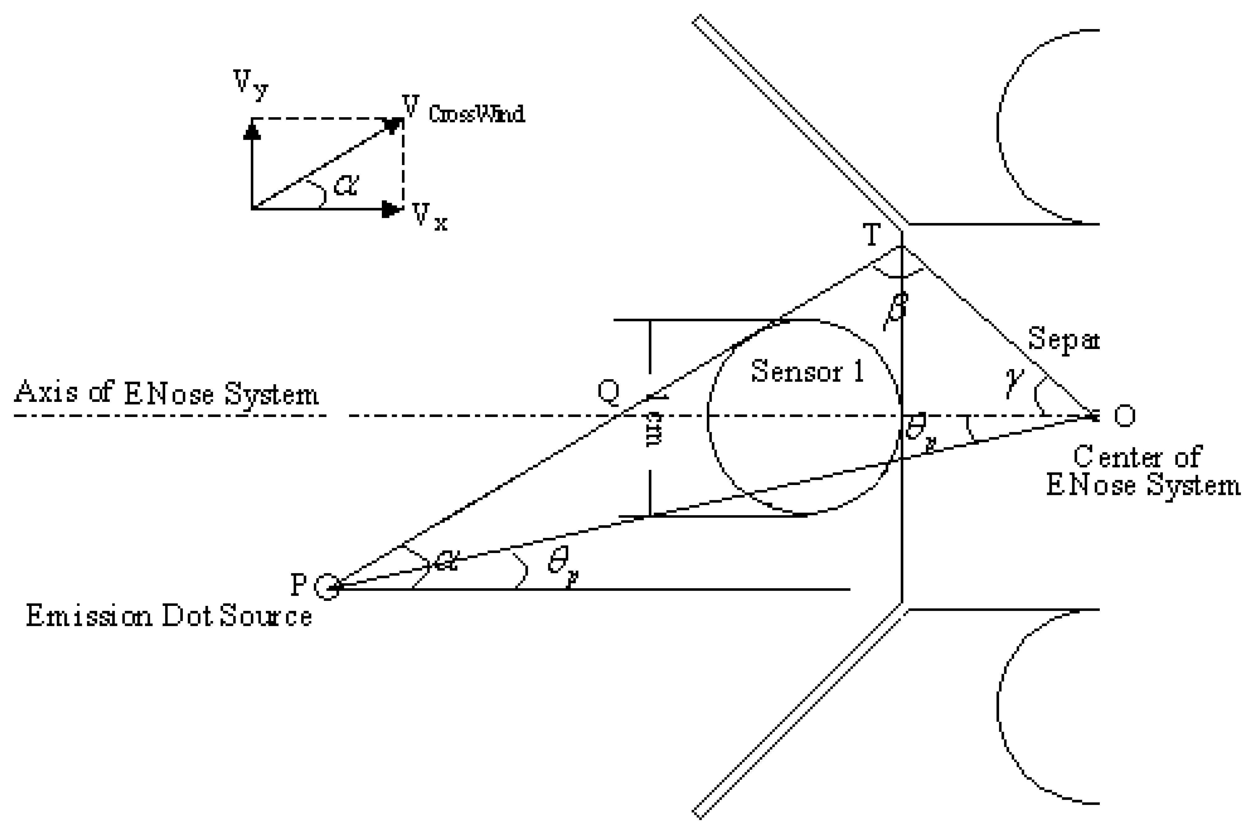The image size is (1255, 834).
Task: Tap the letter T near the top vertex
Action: (871, 235)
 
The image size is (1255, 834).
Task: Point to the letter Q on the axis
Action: (608, 392)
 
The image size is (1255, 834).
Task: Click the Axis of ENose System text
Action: (166, 394)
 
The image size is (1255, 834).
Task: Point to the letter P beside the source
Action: (298, 585)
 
